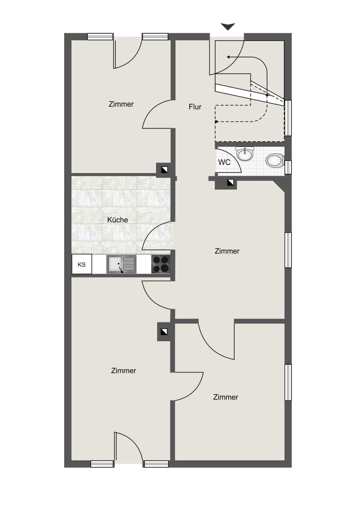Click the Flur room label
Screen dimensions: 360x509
point(195,107)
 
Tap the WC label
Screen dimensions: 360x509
point(224,162)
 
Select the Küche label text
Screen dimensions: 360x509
point(118,220)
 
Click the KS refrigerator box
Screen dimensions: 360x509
point(82,264)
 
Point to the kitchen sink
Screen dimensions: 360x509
point(121,264)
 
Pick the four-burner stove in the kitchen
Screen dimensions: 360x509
point(161,264)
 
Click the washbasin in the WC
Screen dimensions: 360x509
point(245,154)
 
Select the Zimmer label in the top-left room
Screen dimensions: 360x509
point(121,104)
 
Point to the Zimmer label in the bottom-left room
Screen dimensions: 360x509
point(124,371)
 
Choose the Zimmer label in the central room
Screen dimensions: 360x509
point(227,251)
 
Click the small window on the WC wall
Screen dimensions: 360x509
point(288,167)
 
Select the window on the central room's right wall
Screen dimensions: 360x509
point(288,250)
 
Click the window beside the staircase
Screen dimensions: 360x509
point(288,118)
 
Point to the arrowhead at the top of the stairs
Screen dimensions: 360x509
point(228,57)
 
